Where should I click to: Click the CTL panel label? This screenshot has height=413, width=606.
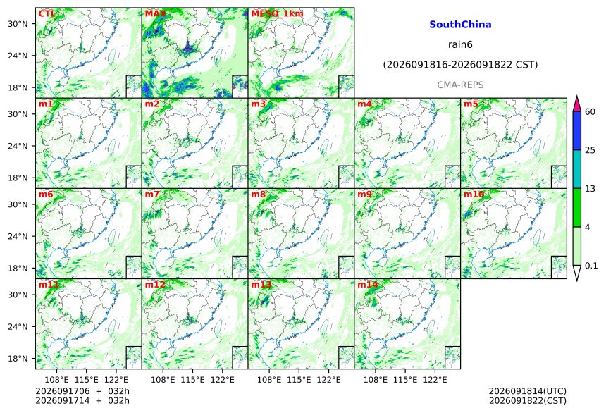pyautogui.click(x=47, y=14)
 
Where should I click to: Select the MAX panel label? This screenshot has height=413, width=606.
pyautogui.click(x=155, y=14)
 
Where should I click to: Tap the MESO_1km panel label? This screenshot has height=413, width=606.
pyautogui.click(x=277, y=14)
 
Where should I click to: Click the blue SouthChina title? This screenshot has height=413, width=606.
pyautogui.click(x=460, y=25)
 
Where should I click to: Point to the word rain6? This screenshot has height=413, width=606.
pyautogui.click(x=460, y=44)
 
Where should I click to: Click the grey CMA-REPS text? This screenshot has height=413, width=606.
pyautogui.click(x=460, y=85)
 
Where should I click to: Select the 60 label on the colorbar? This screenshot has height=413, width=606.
pyautogui.click(x=590, y=112)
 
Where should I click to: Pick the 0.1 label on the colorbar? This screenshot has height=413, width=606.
pyautogui.click(x=591, y=265)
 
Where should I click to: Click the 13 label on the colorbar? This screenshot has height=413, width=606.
pyautogui.click(x=590, y=188)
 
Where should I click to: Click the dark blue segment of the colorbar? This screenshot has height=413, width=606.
pyautogui.click(x=577, y=130)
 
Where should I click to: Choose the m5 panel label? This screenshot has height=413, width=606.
pyautogui.click(x=471, y=104)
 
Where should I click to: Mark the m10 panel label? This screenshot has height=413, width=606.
pyautogui.click(x=474, y=194)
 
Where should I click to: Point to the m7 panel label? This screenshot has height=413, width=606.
pyautogui.click(x=152, y=194)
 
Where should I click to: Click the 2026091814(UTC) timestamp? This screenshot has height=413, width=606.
pyautogui.click(x=528, y=391)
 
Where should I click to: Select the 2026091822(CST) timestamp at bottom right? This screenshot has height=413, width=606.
pyautogui.click(x=528, y=401)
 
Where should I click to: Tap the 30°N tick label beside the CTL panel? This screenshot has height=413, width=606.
pyautogui.click(x=18, y=23)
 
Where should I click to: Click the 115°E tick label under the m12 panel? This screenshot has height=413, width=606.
pyautogui.click(x=192, y=380)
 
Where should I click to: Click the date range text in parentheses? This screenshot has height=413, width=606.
pyautogui.click(x=460, y=65)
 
